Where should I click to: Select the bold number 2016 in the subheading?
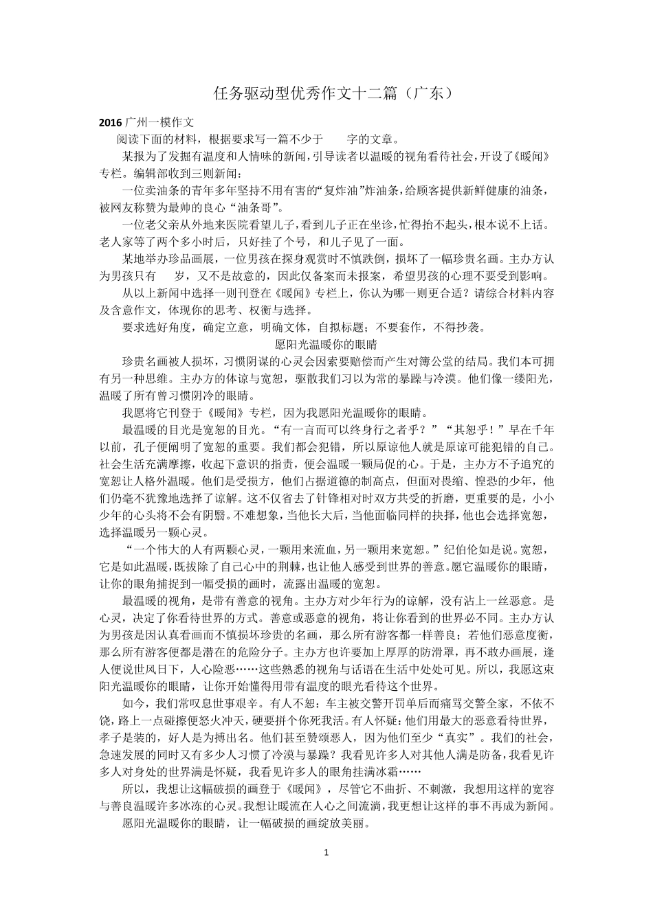pos(110,122)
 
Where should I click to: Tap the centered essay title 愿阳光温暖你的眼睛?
pos(326,344)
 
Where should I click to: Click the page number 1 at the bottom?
pos(326,853)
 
